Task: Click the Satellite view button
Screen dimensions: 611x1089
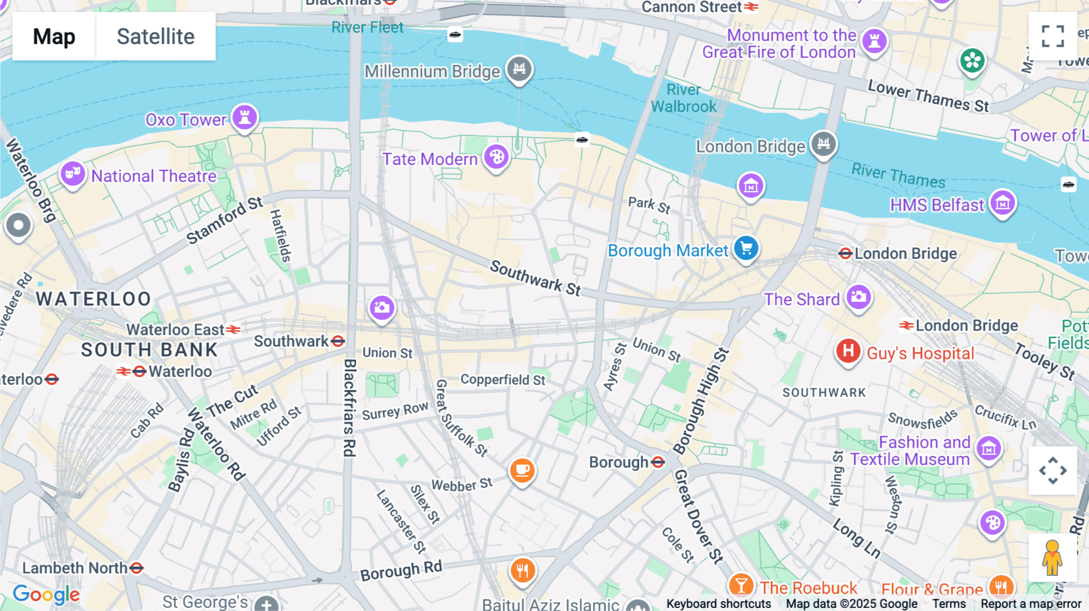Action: tap(155, 36)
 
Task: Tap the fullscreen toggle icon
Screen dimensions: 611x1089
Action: tap(1053, 36)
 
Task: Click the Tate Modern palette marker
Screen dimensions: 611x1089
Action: tap(496, 157)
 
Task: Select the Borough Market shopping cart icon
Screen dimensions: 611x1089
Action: tap(746, 249)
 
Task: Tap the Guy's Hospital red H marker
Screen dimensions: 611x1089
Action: tap(848, 351)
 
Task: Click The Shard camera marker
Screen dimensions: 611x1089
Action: tap(858, 297)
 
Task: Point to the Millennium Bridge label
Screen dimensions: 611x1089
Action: tap(432, 71)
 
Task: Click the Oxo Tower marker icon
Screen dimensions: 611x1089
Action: tap(244, 117)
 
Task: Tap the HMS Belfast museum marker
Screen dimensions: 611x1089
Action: tap(1002, 203)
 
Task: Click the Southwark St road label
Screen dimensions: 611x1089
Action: tap(535, 278)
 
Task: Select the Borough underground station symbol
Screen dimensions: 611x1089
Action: tap(658, 462)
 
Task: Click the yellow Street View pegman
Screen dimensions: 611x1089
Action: tap(1052, 557)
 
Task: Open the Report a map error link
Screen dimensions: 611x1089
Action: tap(1031, 604)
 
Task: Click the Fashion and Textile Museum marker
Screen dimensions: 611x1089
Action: tap(989, 448)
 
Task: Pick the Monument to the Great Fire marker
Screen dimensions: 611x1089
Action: tap(874, 41)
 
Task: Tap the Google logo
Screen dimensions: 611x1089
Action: tap(46, 594)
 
